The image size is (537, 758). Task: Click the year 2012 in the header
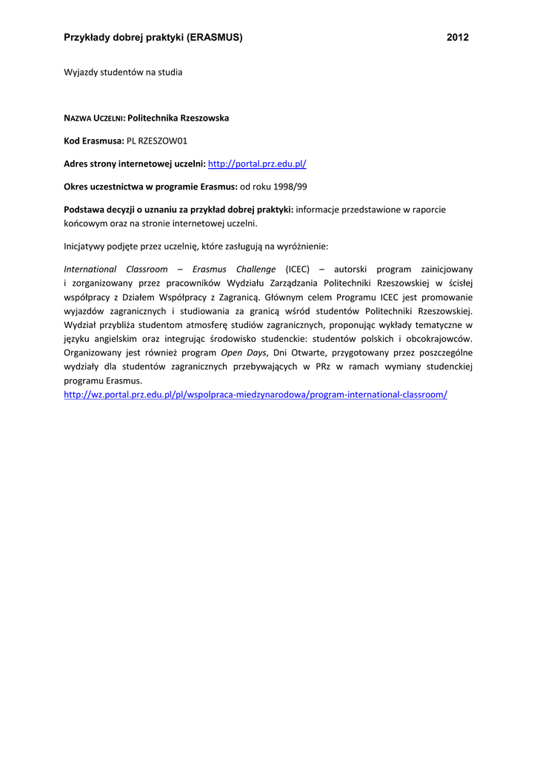pyautogui.click(x=458, y=37)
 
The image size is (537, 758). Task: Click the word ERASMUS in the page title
pyautogui.click(x=215, y=37)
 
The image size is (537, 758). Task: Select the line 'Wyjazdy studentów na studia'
pyautogui.click(x=123, y=73)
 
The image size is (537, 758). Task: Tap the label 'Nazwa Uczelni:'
pyautogui.click(x=95, y=118)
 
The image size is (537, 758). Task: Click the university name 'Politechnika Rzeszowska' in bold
pyautogui.click(x=179, y=118)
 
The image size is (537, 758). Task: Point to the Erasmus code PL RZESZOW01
pyautogui.click(x=157, y=141)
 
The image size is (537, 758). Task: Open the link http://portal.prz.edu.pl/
pyautogui.click(x=257, y=164)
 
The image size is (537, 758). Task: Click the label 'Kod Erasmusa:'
pyautogui.click(x=93, y=141)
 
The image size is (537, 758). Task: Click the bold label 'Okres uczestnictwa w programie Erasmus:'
pyautogui.click(x=150, y=187)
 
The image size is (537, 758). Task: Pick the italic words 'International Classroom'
pyautogui.click(x=116, y=269)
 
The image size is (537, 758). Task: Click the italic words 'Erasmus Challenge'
pyautogui.click(x=234, y=269)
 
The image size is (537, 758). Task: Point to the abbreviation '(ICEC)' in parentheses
pyautogui.click(x=297, y=269)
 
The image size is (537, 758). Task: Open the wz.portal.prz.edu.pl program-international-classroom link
pyautogui.click(x=256, y=395)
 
